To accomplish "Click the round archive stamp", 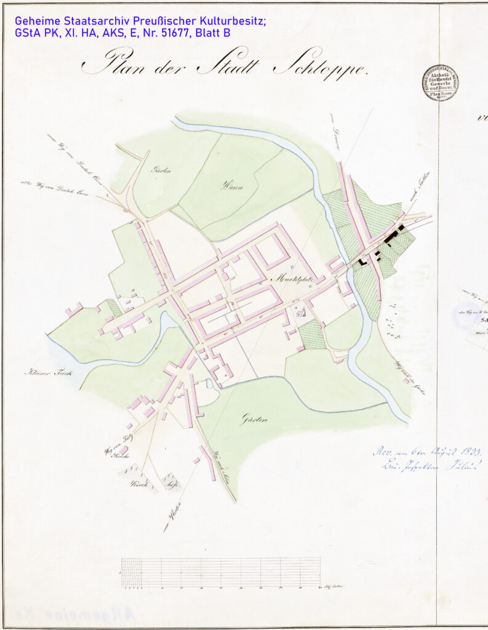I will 440,82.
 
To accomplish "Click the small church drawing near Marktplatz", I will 300,313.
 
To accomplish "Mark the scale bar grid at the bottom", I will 220,572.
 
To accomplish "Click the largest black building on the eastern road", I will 391,236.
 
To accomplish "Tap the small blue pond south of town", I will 209,383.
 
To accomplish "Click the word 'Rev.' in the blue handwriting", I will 380,451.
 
